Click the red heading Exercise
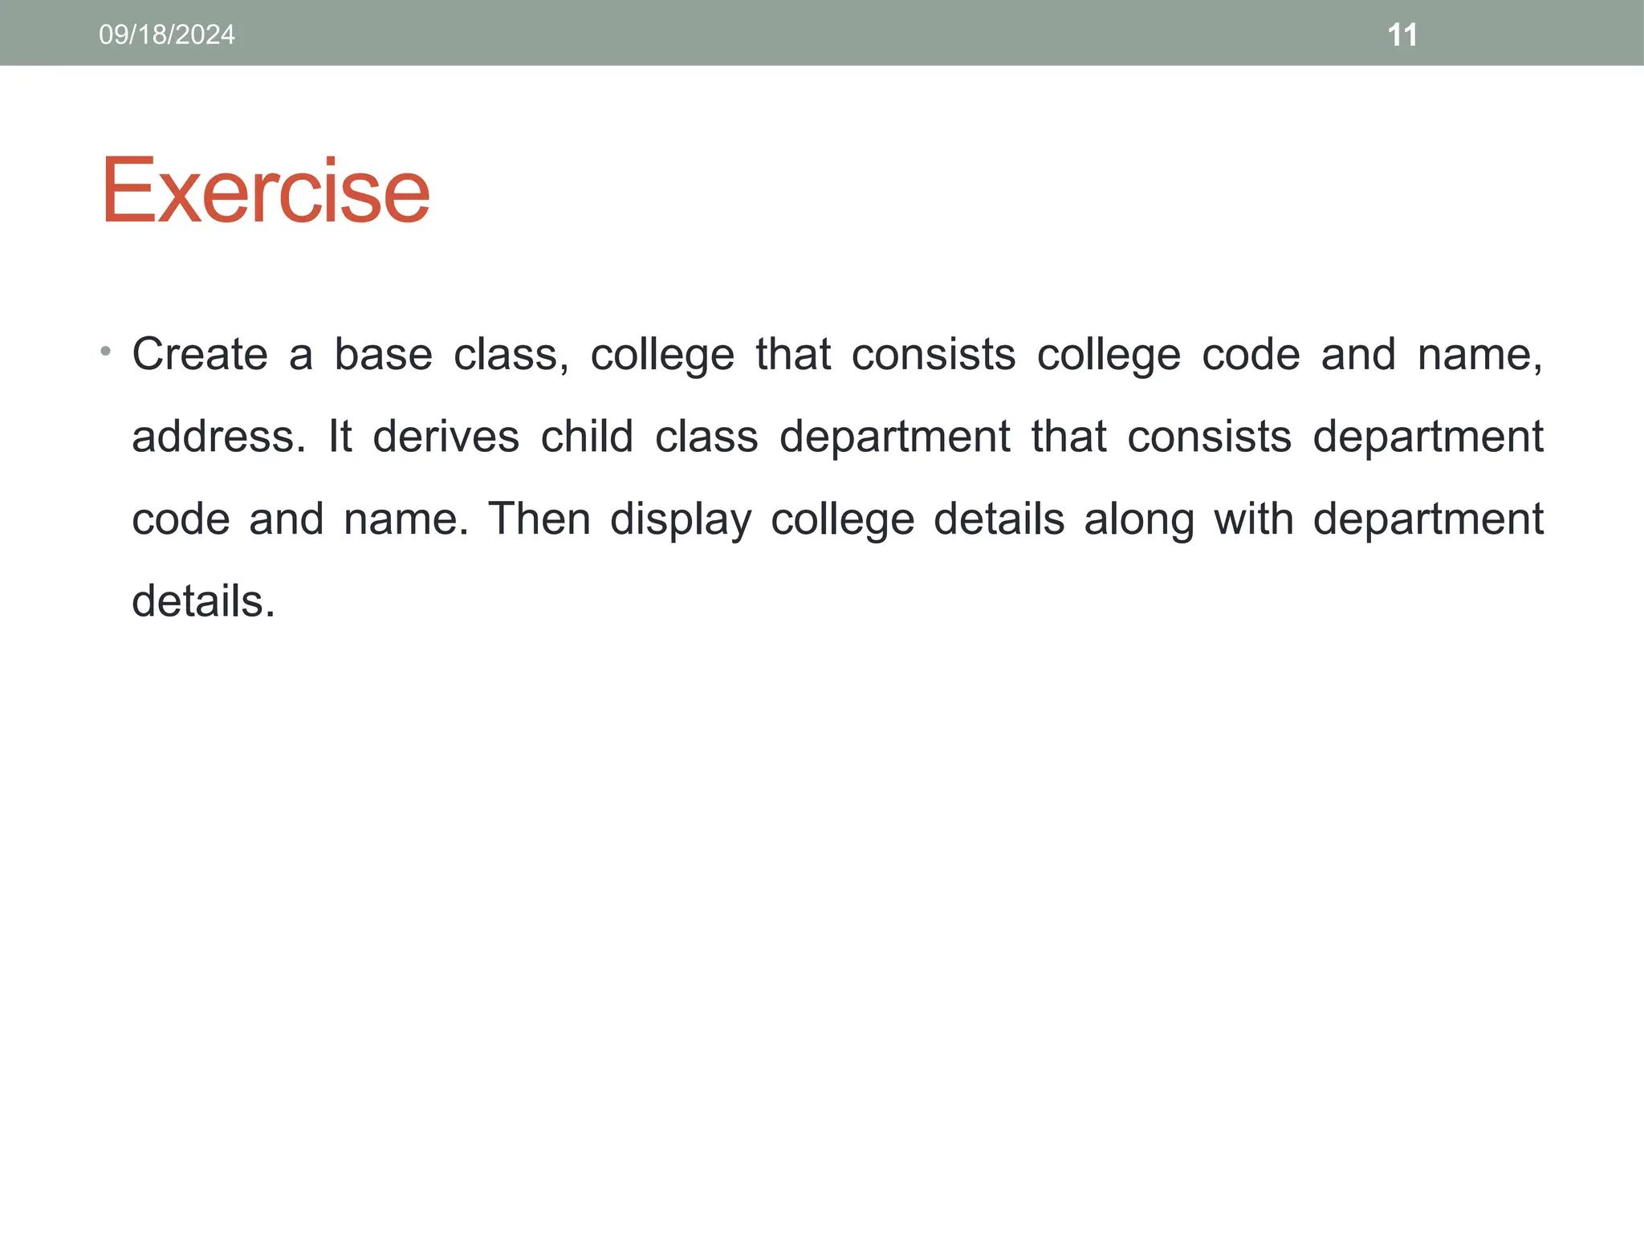265,191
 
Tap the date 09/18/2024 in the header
167,35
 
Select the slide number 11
1402,35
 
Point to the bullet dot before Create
105,352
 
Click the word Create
200,354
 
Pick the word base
383,354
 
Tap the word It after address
340,437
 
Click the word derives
446,437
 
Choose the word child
587,437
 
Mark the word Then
539,519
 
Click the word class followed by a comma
511,354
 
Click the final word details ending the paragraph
202,601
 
